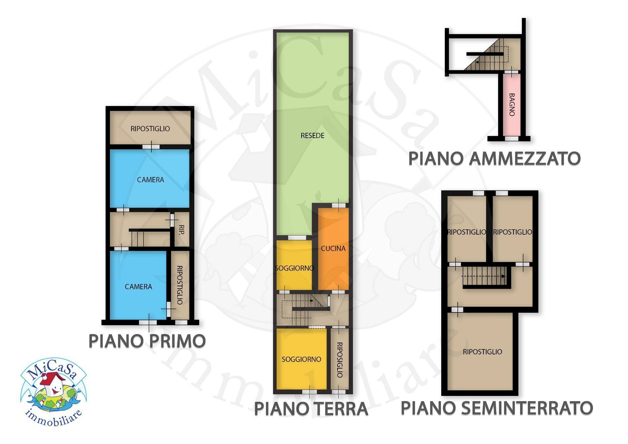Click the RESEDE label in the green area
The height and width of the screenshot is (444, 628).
[x=312, y=135]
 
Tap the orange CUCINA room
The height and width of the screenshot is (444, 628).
[x=333, y=249]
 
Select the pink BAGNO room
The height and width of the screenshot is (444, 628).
[x=512, y=105]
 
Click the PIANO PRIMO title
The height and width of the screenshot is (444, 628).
[x=147, y=341]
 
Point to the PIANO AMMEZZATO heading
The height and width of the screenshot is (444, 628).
[x=494, y=159]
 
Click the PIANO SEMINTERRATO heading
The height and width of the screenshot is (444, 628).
[x=497, y=408]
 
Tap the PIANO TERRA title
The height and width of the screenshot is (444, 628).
[x=311, y=409]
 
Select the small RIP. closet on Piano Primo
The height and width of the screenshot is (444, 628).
[x=182, y=229]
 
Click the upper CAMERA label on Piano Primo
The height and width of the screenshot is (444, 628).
[x=150, y=180]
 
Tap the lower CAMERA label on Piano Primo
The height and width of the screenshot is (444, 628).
[x=138, y=287]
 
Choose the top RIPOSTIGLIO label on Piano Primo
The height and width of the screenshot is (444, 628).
[x=150, y=129]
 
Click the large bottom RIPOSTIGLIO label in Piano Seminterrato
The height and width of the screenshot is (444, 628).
[x=482, y=352]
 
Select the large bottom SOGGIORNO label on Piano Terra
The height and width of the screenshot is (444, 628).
[x=301, y=359]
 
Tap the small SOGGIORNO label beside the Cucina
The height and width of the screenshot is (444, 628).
[x=294, y=268]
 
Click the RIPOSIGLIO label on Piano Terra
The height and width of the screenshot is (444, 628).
[x=340, y=360]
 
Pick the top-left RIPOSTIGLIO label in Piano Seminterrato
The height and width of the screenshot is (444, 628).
[x=467, y=232]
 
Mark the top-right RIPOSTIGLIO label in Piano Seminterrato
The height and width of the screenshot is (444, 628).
[x=513, y=232]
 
